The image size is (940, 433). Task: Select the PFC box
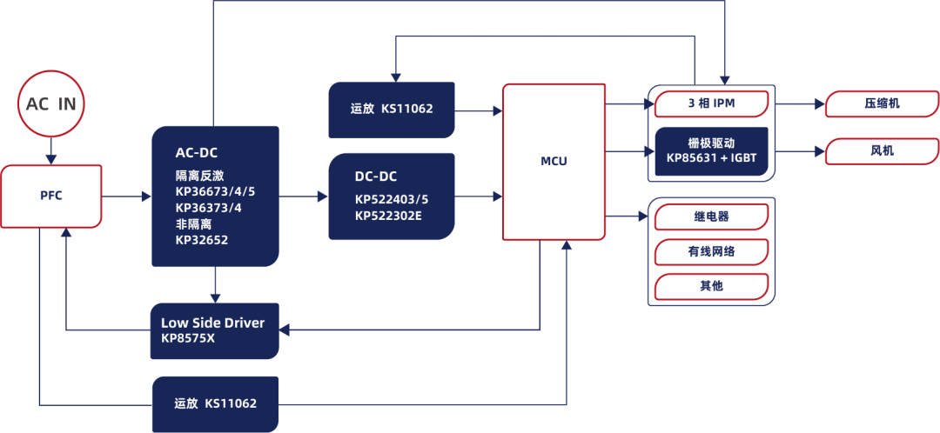[x=51, y=197]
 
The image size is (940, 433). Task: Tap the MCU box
[x=553, y=162]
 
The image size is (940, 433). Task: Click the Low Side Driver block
[x=215, y=330]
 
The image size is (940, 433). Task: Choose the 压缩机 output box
[x=883, y=104]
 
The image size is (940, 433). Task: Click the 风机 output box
[x=883, y=151]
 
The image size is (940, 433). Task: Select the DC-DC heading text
[x=376, y=177]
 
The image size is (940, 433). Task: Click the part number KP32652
[x=201, y=240]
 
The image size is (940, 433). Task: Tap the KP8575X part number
[x=188, y=337]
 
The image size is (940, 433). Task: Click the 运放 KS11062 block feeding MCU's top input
[x=392, y=110]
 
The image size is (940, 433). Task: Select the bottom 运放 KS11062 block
[x=216, y=404]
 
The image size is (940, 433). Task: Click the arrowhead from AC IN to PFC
[x=51, y=159]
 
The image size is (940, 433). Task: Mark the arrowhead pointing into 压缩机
[x=820, y=104]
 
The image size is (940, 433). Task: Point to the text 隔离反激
[x=193, y=177]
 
